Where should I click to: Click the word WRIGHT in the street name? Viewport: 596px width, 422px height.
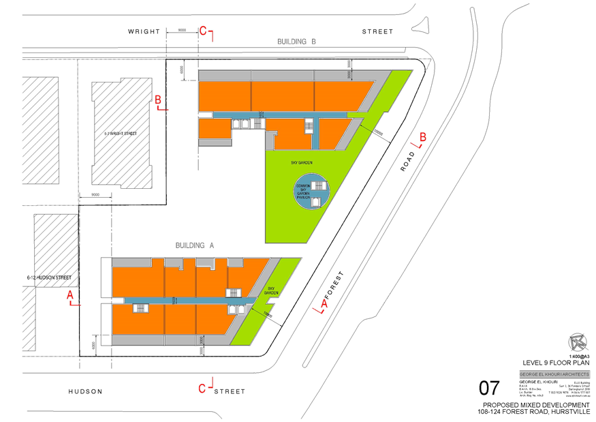[x=144, y=31]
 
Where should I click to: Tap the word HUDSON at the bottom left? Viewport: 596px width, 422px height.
[x=84, y=391]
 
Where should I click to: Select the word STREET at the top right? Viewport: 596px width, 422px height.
[x=377, y=31]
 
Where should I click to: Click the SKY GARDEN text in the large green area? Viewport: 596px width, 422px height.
[x=302, y=163]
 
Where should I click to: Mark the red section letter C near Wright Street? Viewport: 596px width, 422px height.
[x=203, y=30]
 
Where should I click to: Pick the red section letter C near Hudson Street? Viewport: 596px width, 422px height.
[x=202, y=389]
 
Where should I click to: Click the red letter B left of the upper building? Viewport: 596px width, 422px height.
[x=159, y=100]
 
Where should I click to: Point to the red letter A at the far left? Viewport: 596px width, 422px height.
[x=69, y=295]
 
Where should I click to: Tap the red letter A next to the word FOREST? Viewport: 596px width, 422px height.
[x=324, y=301]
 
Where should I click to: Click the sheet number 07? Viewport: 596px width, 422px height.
[x=489, y=389]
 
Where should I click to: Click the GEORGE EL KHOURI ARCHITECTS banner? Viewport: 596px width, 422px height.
[x=554, y=374]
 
